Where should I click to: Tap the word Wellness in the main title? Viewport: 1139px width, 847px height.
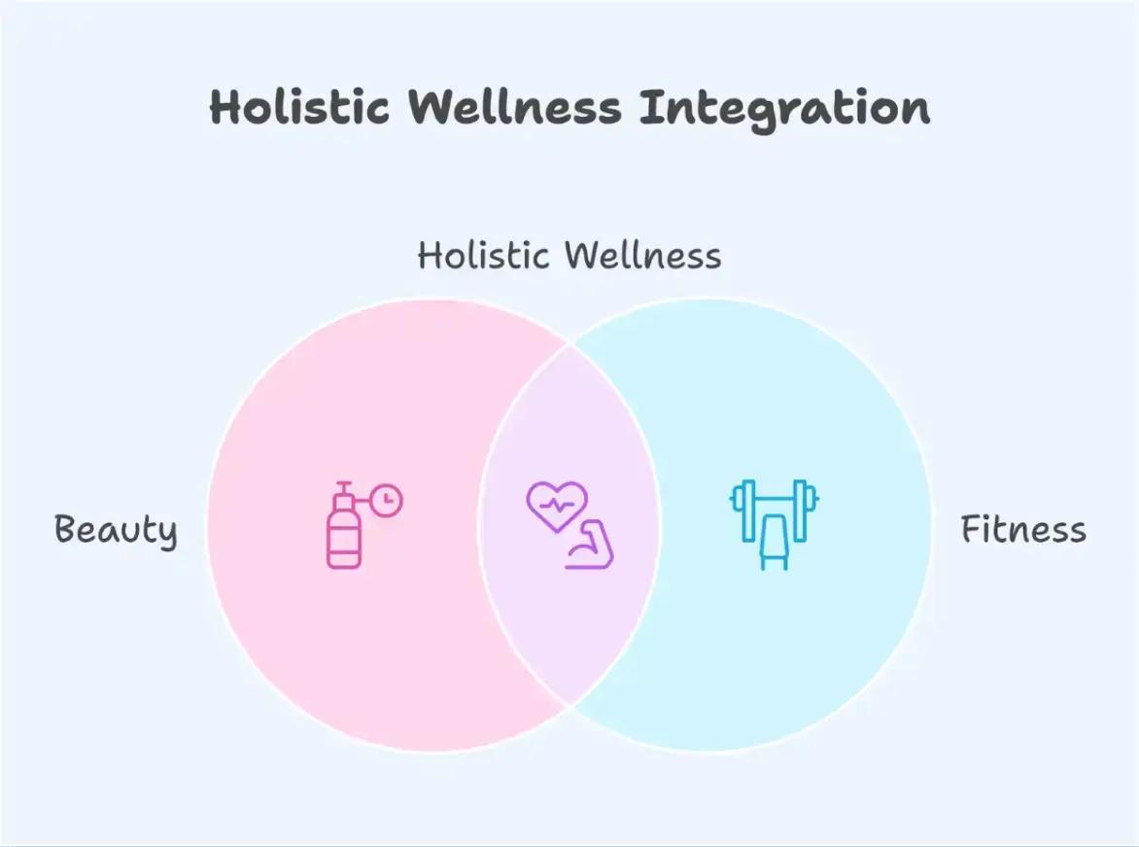pos(515,107)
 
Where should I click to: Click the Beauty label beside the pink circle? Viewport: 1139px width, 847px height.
pos(116,531)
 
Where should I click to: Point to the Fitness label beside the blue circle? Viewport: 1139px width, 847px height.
pos(1022,530)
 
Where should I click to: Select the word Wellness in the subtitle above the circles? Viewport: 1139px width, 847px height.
pos(642,257)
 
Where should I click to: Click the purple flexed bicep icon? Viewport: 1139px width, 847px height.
pos(590,547)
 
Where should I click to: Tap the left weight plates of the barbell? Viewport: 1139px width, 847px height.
pos(743,510)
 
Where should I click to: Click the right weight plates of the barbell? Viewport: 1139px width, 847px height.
pos(804,510)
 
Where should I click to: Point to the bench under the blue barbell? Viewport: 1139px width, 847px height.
pos(774,542)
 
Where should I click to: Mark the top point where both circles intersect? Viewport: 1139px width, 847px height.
pos(570,342)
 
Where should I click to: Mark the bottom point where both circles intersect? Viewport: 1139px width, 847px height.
pos(570,705)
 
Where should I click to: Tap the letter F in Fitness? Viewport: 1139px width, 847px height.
pos(970,530)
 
